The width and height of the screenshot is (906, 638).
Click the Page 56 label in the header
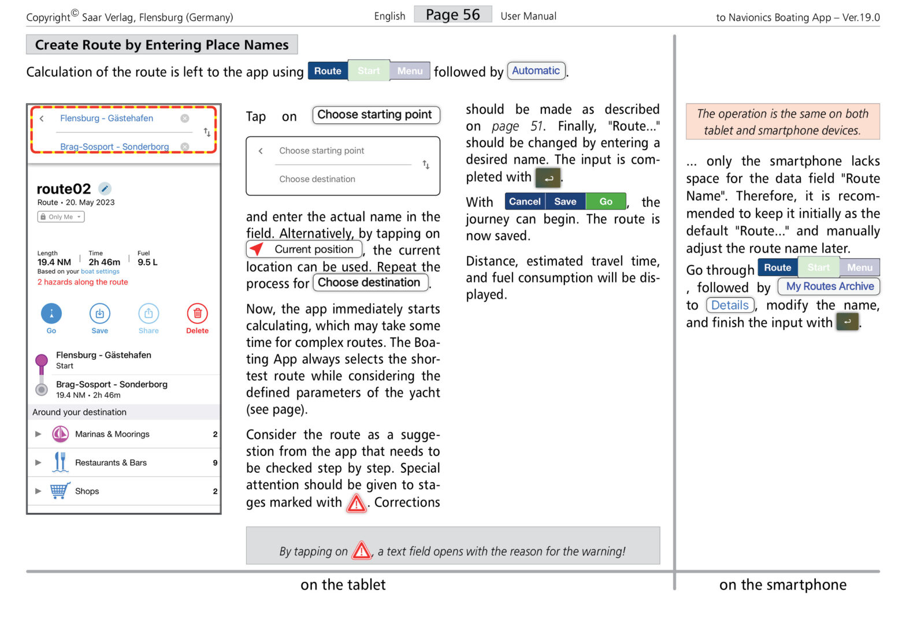coord(452,14)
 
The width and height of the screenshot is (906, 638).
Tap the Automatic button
coord(536,71)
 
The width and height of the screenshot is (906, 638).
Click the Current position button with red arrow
coord(305,249)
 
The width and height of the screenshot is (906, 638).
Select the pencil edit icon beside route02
coord(105,189)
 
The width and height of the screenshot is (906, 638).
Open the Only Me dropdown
coord(61,217)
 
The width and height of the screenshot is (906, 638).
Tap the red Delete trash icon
coord(197,314)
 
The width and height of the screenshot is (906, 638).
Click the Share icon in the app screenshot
coord(148,314)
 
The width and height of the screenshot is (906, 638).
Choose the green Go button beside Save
coord(606,202)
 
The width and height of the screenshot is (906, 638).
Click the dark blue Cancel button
coord(525,202)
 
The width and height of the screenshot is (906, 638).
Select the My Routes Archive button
coord(829,286)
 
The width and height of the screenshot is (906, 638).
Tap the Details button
coord(730,305)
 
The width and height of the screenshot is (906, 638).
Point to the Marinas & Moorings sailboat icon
coord(60,434)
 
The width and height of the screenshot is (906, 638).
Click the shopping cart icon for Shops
coord(60,491)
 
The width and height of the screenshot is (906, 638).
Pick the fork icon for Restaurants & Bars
coord(60,462)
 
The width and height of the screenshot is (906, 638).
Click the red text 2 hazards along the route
coord(83,282)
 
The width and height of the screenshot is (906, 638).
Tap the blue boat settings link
coord(100,271)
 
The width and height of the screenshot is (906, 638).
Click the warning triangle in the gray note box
coord(362,551)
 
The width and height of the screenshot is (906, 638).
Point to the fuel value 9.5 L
coord(147,262)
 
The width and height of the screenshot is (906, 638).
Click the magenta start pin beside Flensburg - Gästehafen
coord(42,362)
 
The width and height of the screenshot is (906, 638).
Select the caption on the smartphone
coord(782,585)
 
